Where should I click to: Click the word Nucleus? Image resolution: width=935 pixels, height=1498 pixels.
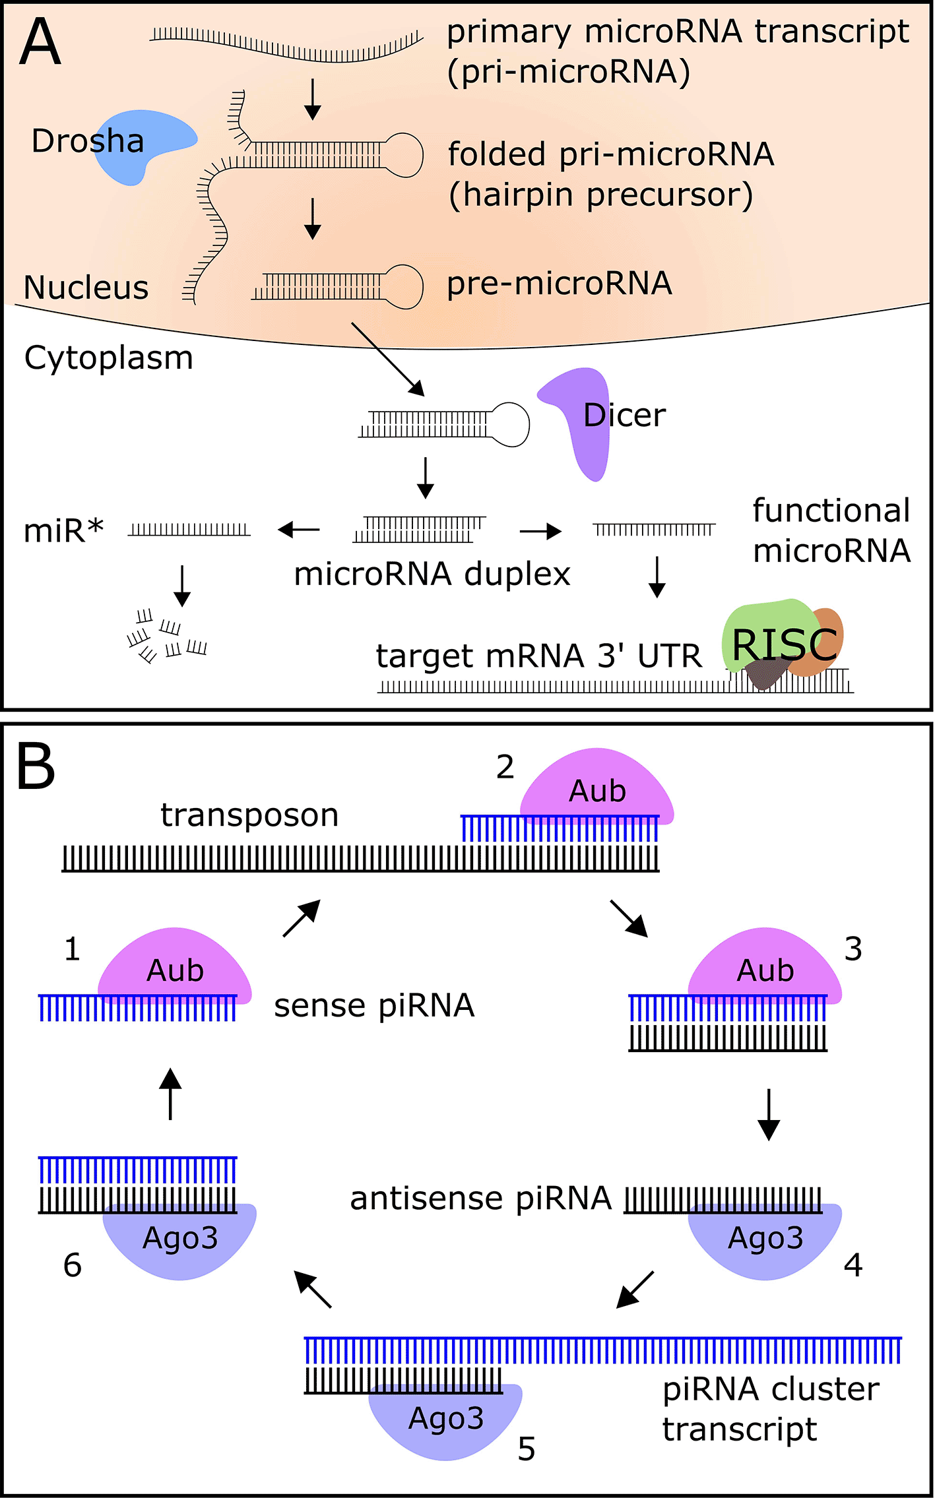pos(86,288)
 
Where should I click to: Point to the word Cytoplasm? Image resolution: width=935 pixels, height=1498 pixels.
pos(108,358)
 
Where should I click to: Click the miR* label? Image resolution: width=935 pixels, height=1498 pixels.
pos(63,531)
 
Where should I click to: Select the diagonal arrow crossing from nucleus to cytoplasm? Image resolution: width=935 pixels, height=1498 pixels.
pos(387,359)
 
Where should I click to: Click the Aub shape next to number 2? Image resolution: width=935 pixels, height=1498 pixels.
pos(596,785)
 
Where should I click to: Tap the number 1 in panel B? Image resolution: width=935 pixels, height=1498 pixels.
pos(72,950)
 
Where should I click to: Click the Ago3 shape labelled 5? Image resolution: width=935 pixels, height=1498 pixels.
pos(445,1418)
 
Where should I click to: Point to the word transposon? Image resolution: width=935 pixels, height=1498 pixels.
pos(249,815)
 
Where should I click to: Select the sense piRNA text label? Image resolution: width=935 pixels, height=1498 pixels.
pos(374,1006)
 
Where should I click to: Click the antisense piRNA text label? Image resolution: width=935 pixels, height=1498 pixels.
pos(480,1199)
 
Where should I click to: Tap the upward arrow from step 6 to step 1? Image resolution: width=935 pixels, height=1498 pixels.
pos(170,1094)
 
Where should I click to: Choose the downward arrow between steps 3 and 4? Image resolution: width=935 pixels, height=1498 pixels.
pos(769,1114)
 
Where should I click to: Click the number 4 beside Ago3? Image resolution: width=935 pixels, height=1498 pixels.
pos(853,1265)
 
